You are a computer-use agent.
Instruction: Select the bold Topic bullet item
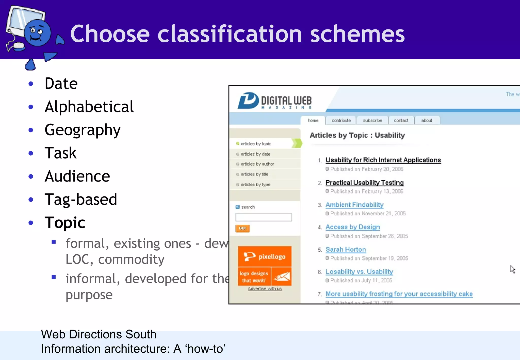tap(65, 223)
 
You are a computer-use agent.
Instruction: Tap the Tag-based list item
tap(81, 200)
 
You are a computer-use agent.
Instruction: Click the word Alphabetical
tap(89, 107)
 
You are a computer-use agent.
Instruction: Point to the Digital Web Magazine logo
tap(274, 101)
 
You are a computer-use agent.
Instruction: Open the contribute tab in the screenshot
tap(341, 120)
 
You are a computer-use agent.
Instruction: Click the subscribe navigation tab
tap(372, 120)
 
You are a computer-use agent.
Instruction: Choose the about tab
tap(427, 120)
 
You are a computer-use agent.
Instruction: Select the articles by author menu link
tap(257, 164)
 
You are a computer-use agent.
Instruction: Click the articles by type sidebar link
tap(255, 185)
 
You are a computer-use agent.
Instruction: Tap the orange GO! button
tap(242, 228)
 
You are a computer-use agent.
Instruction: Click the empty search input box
tap(264, 217)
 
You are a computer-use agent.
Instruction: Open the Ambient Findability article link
tap(354, 205)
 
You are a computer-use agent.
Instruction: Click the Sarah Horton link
tap(346, 250)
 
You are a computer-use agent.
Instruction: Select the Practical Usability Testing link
tap(364, 183)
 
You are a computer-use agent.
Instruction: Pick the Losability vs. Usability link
tap(359, 272)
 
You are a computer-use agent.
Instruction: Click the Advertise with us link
tap(265, 289)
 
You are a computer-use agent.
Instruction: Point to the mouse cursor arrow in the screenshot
tap(512, 269)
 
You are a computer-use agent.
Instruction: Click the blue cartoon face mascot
tap(38, 33)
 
